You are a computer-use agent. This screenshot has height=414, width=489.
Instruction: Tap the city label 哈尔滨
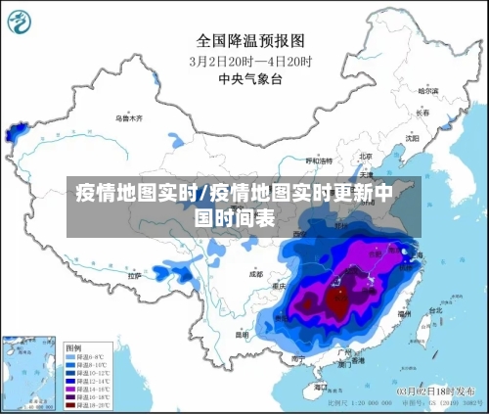[x=426, y=91]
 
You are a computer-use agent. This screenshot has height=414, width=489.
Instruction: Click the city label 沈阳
[x=412, y=139]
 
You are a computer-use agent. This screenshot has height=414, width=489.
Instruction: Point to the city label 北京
[x=366, y=156]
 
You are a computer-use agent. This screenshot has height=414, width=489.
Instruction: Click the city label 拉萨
[x=134, y=277]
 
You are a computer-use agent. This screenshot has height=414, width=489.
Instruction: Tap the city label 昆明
[x=241, y=334]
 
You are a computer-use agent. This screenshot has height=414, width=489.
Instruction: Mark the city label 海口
[x=320, y=388]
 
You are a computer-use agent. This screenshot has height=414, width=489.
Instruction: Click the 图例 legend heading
[x=73, y=347]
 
